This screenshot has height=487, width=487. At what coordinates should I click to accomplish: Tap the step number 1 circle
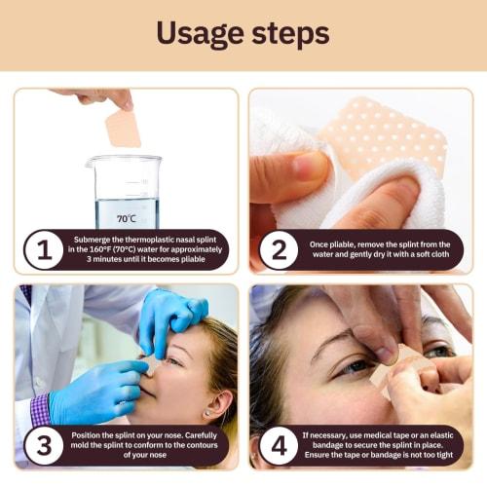click(x=42, y=250)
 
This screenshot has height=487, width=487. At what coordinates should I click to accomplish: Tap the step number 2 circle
click(x=279, y=250)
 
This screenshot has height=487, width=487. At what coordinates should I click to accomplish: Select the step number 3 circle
click(x=42, y=446)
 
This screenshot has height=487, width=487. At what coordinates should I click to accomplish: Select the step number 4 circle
click(x=279, y=446)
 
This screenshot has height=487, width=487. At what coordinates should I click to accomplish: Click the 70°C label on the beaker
click(x=127, y=218)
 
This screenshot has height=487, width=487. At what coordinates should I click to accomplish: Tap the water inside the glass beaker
click(x=127, y=209)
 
